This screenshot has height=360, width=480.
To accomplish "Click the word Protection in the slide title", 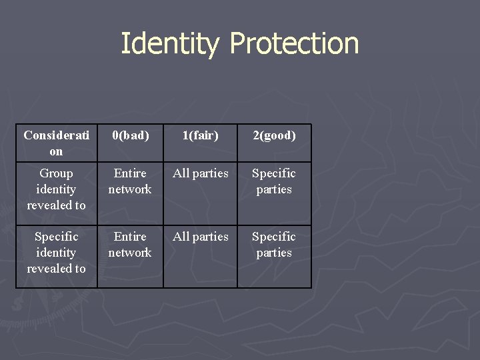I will click(294, 44).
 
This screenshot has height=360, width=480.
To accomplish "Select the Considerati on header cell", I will click(56, 143).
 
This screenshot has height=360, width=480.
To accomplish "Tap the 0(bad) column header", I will click(130, 135).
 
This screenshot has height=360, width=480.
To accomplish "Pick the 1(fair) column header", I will click(200, 135).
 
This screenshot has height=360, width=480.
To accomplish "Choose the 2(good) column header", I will click(274, 135).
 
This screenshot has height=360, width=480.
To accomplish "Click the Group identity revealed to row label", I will click(56, 189).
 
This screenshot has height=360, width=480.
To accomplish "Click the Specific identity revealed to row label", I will click(56, 253).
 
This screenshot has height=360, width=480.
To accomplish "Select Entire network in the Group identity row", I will click(130, 181).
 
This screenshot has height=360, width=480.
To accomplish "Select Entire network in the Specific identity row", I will click(130, 245).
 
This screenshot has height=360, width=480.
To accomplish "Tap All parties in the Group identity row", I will click(200, 173).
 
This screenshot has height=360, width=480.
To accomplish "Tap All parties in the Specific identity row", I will click(200, 237).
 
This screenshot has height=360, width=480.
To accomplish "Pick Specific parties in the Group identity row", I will click(274, 181).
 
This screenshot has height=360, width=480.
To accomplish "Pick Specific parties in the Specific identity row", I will click(274, 245).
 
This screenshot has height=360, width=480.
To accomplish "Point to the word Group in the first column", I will click(56, 173).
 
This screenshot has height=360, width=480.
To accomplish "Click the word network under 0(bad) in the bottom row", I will click(130, 253).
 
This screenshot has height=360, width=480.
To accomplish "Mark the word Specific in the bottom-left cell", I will click(56, 237).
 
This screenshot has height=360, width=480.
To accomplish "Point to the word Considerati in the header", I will click(56, 135).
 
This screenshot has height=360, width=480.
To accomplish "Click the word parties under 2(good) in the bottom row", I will click(274, 253).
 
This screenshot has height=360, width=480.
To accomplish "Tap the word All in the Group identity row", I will click(181, 173).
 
